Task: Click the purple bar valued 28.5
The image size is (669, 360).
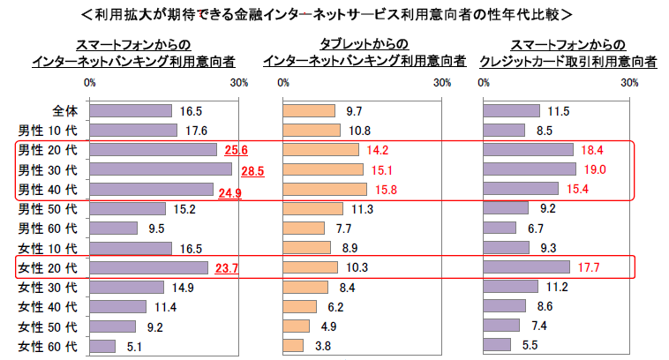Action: pos(161,169)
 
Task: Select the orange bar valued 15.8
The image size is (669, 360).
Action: pos(324,189)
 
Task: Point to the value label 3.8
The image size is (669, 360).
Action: pos(322,346)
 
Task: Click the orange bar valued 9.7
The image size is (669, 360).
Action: pos(308,112)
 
